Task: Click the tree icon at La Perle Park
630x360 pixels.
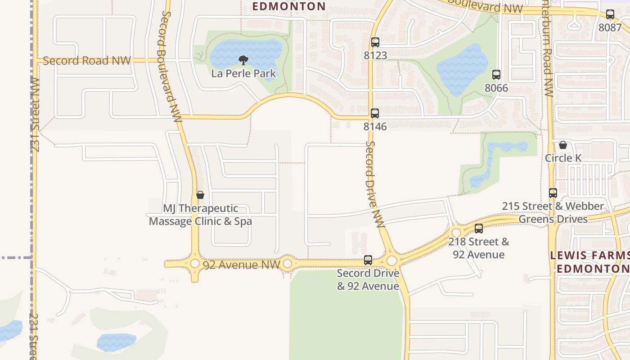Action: (243, 60)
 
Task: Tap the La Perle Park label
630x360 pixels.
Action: (243, 73)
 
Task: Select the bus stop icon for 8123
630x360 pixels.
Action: (375, 42)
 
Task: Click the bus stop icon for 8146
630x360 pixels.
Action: (375, 113)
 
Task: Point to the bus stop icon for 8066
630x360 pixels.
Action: (496, 75)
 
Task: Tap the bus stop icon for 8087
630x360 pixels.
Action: (610, 14)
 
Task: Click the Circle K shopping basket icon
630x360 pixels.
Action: (562, 145)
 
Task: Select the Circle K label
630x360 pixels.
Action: (563, 158)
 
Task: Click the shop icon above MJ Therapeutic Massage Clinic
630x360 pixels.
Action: (200, 195)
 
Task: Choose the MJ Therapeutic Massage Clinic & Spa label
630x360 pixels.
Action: (200, 215)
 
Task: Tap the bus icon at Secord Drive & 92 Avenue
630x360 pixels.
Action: (368, 260)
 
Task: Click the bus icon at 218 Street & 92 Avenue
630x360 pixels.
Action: (479, 229)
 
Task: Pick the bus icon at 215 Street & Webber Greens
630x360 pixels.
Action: (553, 193)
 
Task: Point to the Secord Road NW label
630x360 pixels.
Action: (87, 61)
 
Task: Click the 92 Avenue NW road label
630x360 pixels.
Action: (242, 265)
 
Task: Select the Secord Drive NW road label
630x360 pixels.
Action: (374, 184)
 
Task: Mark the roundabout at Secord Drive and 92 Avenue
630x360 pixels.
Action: (391, 261)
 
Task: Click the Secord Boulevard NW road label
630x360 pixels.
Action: (170, 67)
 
